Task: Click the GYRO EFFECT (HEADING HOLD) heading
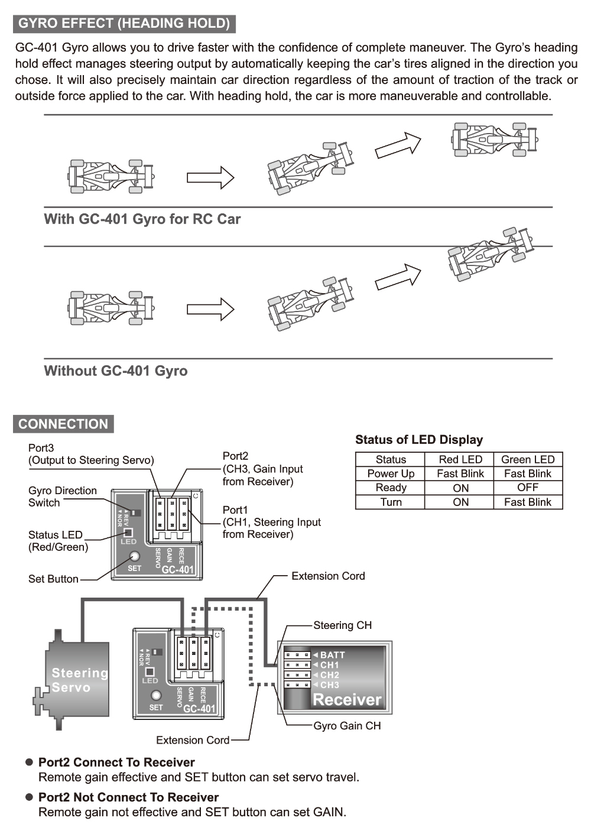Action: click(x=124, y=24)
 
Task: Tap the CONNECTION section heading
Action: click(x=63, y=424)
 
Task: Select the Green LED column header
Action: click(x=528, y=459)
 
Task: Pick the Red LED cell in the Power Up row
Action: click(x=460, y=473)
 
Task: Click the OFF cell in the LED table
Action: click(x=528, y=488)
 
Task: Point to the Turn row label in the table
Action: click(x=391, y=502)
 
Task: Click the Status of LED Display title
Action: click(x=419, y=440)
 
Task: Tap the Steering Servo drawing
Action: click(x=77, y=680)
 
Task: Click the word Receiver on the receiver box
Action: click(x=347, y=700)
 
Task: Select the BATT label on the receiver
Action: click(x=332, y=655)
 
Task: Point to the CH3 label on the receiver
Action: click(x=329, y=685)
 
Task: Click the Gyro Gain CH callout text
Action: click(x=347, y=726)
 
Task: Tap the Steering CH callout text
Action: click(x=342, y=625)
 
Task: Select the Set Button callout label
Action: click(x=53, y=579)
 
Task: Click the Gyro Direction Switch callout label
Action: click(x=62, y=497)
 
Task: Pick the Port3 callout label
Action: click(x=41, y=448)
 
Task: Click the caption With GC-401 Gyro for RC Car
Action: click(x=142, y=219)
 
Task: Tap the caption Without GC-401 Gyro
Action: click(x=116, y=371)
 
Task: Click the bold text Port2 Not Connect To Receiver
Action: click(x=128, y=797)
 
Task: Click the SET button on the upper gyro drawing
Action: click(x=134, y=556)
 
